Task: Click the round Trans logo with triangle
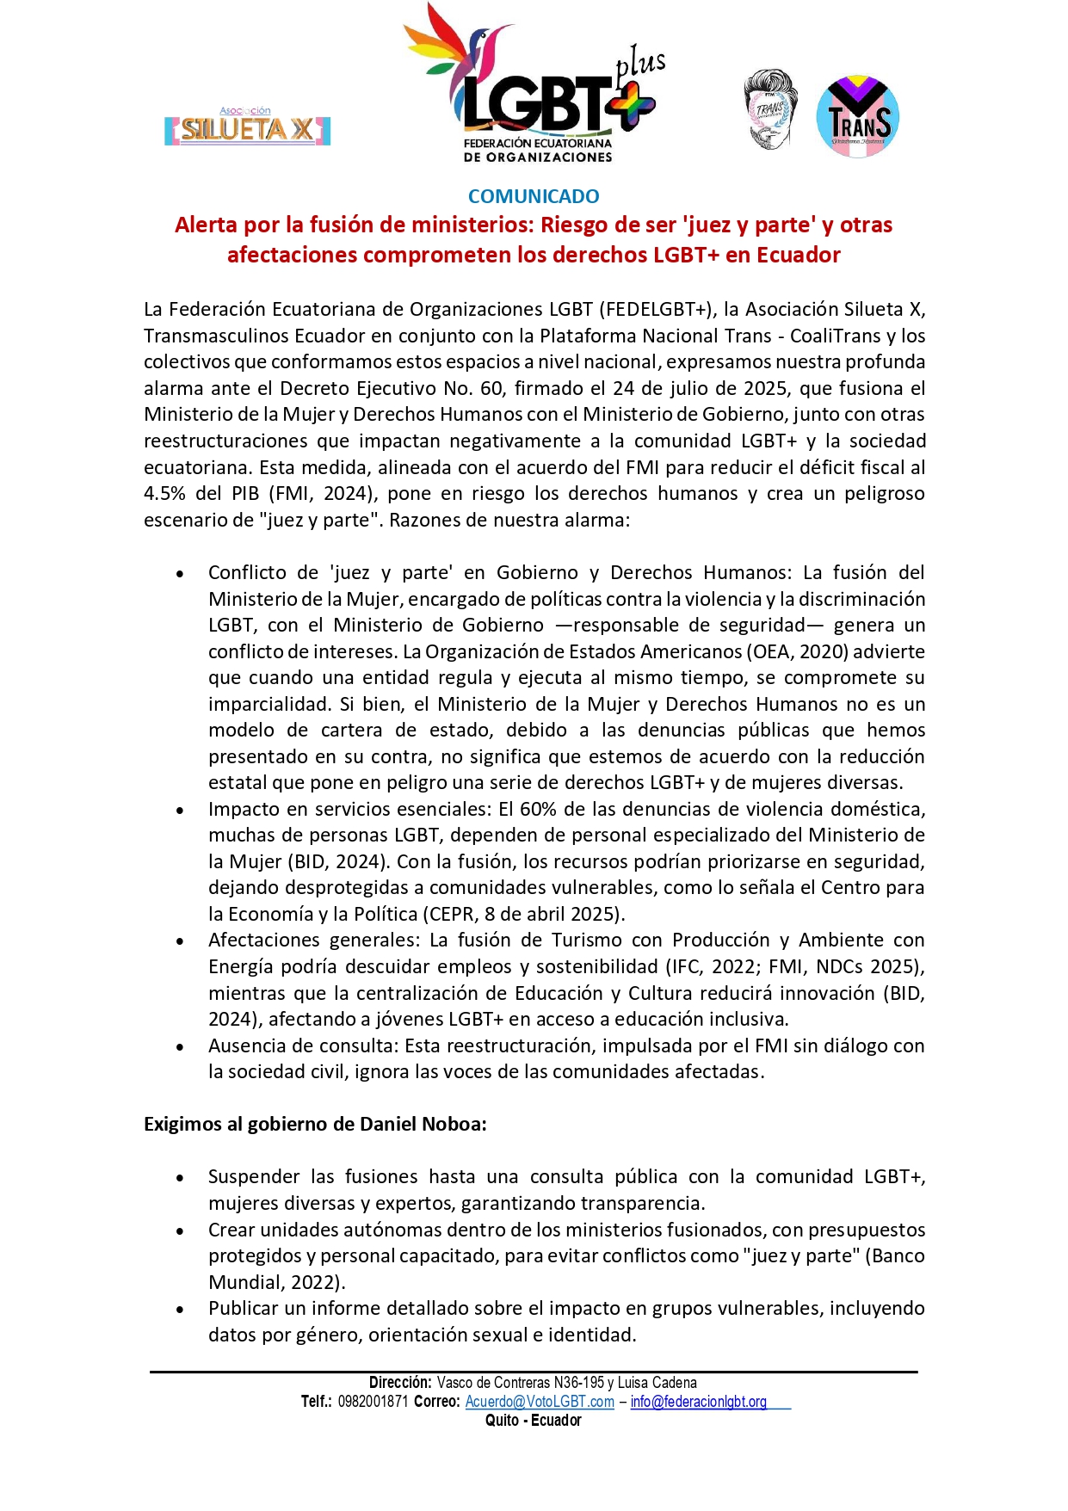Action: coord(857,117)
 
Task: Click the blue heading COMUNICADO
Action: coord(534,196)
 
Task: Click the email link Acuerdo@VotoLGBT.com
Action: coord(540,1402)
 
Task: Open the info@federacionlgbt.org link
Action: coord(698,1402)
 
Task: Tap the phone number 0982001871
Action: coord(373,1402)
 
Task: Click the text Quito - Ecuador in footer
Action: coord(534,1421)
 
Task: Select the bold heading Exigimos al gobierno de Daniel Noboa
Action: coord(315,1124)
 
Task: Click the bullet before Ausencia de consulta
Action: coord(180,1047)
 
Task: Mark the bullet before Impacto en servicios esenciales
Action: coord(180,811)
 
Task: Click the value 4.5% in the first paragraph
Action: coord(164,494)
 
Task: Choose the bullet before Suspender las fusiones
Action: coord(180,1178)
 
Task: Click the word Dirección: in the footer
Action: coord(400,1383)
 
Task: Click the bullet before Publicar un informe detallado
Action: coord(180,1310)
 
